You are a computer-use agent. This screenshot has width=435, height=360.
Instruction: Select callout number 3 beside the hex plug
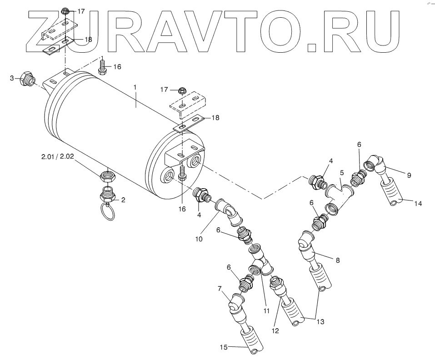click(12, 78)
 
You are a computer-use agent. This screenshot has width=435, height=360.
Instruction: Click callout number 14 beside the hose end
click(417, 204)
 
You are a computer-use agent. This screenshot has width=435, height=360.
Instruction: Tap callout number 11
click(266, 311)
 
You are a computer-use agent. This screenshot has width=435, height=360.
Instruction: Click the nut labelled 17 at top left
click(65, 11)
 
